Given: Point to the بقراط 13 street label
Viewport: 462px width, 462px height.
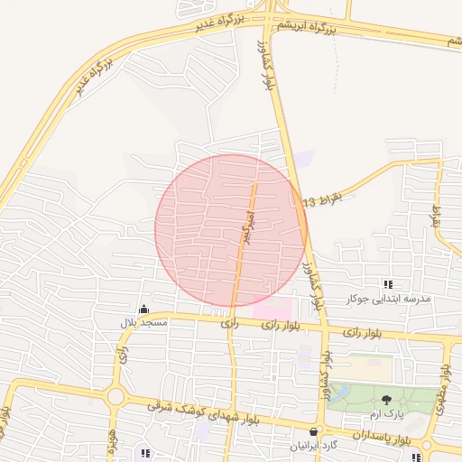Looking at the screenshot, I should (x=324, y=199).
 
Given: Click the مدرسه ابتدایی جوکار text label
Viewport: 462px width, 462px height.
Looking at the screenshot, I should (x=389, y=299).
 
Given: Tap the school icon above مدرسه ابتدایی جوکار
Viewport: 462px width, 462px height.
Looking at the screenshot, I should (x=389, y=284).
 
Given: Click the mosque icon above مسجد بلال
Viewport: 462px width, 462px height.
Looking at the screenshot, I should (x=143, y=309).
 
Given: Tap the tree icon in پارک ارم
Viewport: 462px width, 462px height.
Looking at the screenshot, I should (x=388, y=400).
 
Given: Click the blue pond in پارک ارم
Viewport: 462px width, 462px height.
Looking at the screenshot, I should (x=341, y=393).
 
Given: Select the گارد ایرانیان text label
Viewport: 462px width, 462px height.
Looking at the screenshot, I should (x=312, y=446).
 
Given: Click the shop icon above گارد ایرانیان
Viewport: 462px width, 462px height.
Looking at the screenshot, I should (x=313, y=432).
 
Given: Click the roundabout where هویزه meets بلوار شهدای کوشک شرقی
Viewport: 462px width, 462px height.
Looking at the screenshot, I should (x=115, y=397).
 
